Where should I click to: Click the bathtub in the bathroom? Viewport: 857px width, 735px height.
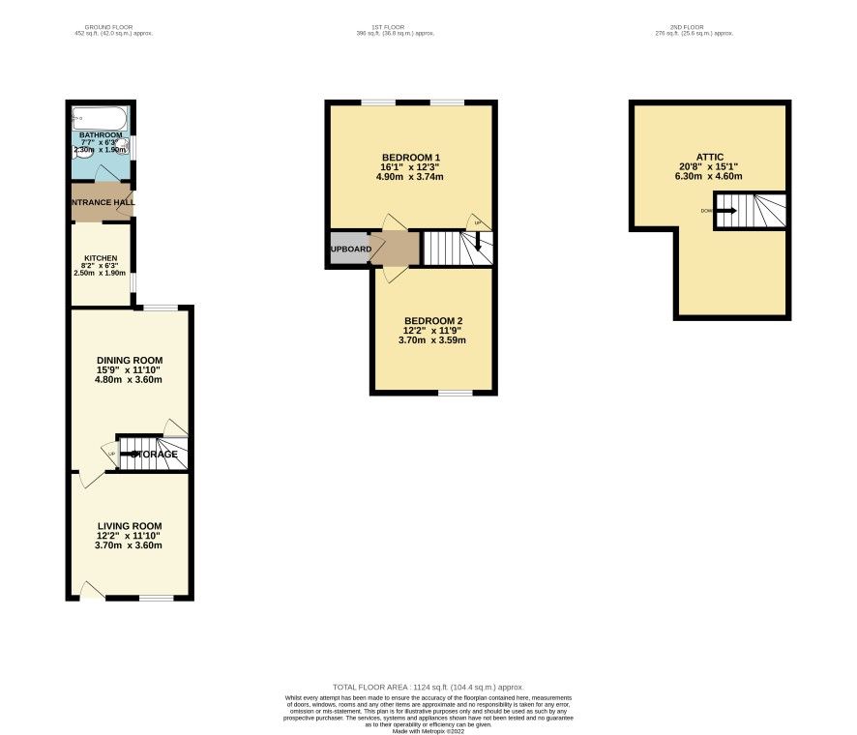[99, 119]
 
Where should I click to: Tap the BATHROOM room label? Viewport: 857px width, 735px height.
[101, 135]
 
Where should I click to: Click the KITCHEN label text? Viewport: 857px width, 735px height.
[100, 258]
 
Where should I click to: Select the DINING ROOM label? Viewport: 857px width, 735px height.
[128, 360]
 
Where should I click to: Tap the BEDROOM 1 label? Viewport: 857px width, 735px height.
[411, 158]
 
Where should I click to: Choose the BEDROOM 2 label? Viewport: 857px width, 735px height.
[433, 321]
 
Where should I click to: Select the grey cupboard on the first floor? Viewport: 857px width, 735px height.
[347, 249]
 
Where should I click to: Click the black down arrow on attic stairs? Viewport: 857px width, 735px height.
[725, 210]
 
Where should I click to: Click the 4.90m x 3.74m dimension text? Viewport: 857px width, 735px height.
[411, 178]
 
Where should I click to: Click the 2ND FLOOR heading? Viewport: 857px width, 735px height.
[694, 27]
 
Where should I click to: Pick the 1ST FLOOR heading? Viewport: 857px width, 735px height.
[394, 27]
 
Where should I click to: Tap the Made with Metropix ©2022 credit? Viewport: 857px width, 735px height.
[428, 730]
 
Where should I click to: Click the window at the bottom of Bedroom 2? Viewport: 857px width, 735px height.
[455, 393]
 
